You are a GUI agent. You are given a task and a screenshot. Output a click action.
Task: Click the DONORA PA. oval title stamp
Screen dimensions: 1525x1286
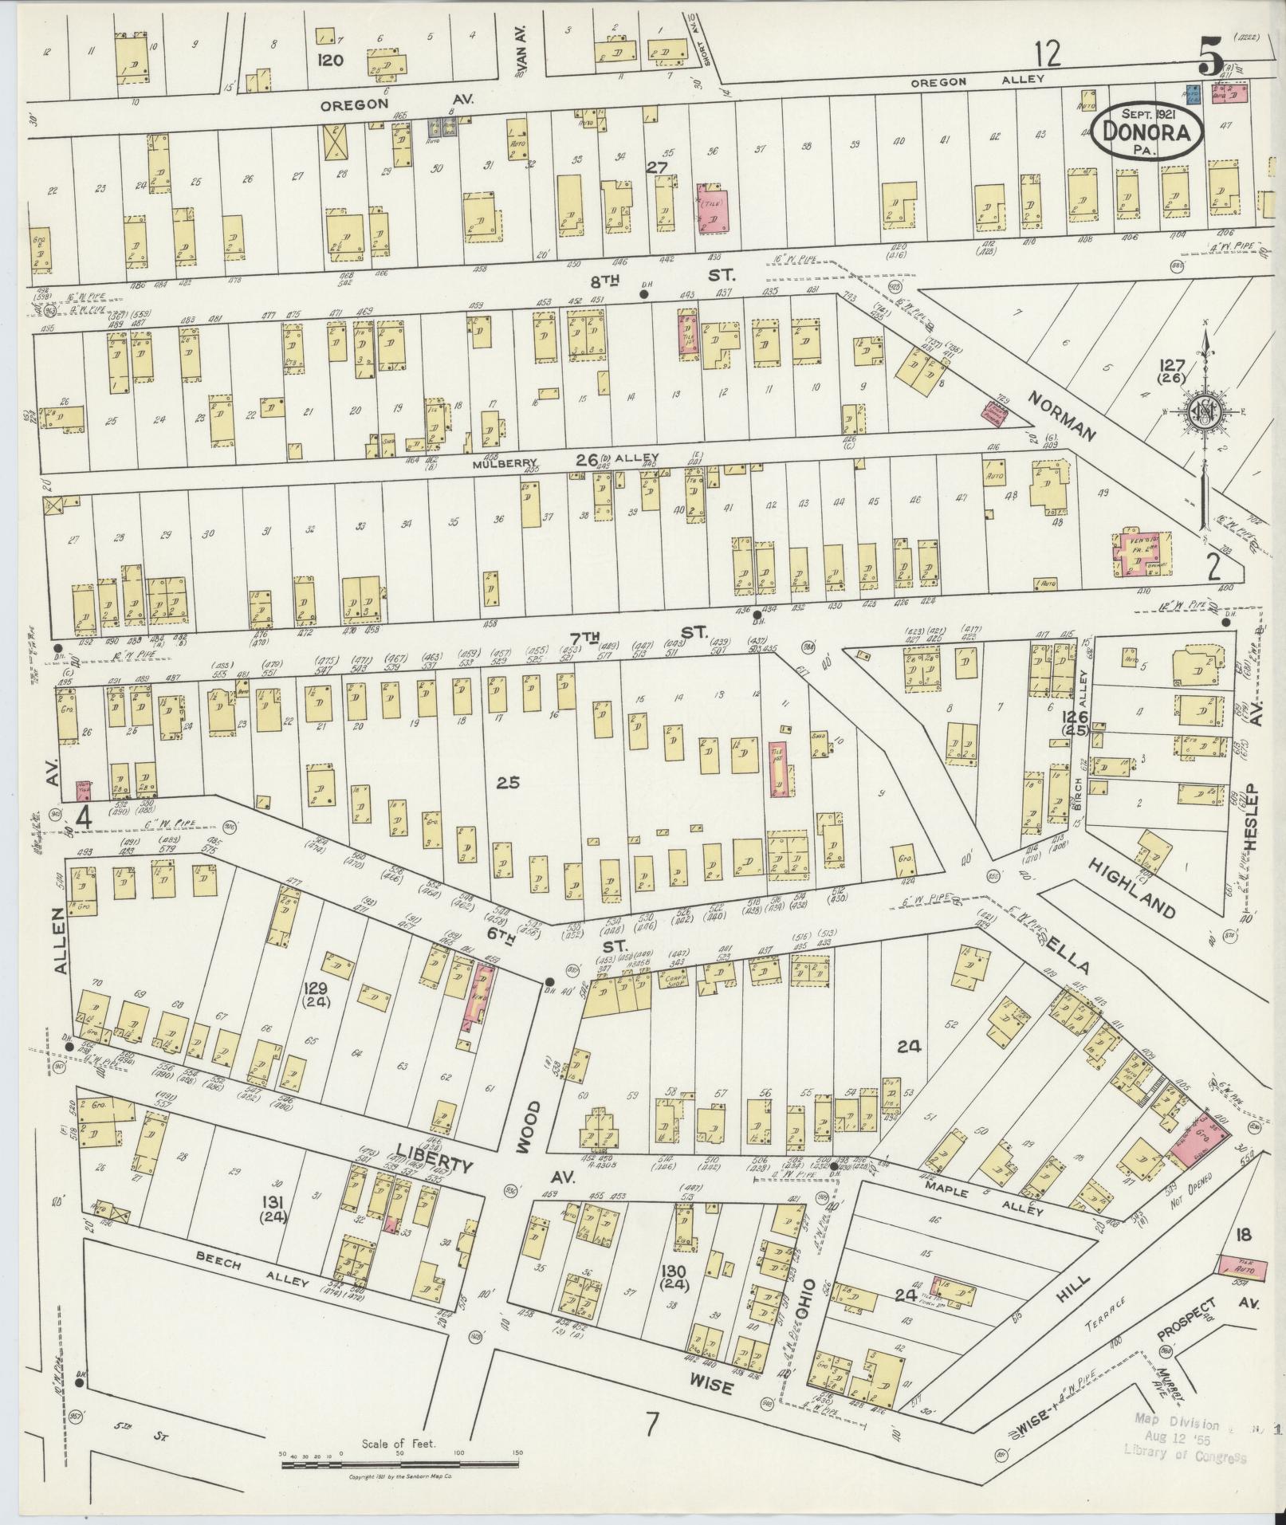[x=1147, y=133]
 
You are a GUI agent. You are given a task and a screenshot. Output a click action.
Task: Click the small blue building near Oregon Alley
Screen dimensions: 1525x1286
[x=1193, y=94]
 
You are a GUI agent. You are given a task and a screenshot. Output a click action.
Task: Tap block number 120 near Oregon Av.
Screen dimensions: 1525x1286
[x=329, y=60]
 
